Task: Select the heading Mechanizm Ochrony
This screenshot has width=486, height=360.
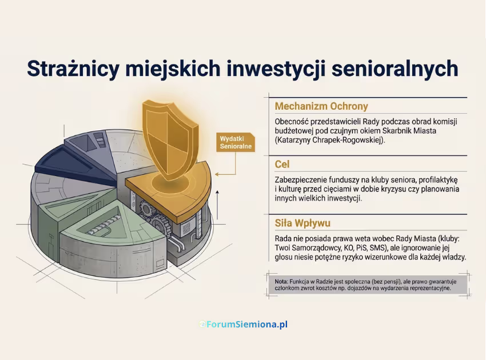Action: tap(321, 106)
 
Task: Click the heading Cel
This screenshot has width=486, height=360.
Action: tap(282, 164)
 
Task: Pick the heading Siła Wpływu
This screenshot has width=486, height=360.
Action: tap(302, 222)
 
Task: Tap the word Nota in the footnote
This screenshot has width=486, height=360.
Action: tap(281, 281)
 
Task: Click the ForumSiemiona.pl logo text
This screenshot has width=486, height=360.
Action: tap(246, 325)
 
